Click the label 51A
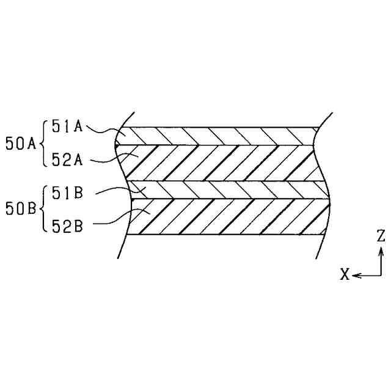pyautogui.click(x=67, y=126)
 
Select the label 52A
pyautogui.click(x=67, y=159)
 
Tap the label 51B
pyautogui.click(x=67, y=193)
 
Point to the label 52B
pyautogui.click(x=67, y=226)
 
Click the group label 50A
pyautogui.click(x=21, y=144)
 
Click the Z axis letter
pyautogui.click(x=381, y=236)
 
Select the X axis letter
pyautogui.click(x=345, y=274)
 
